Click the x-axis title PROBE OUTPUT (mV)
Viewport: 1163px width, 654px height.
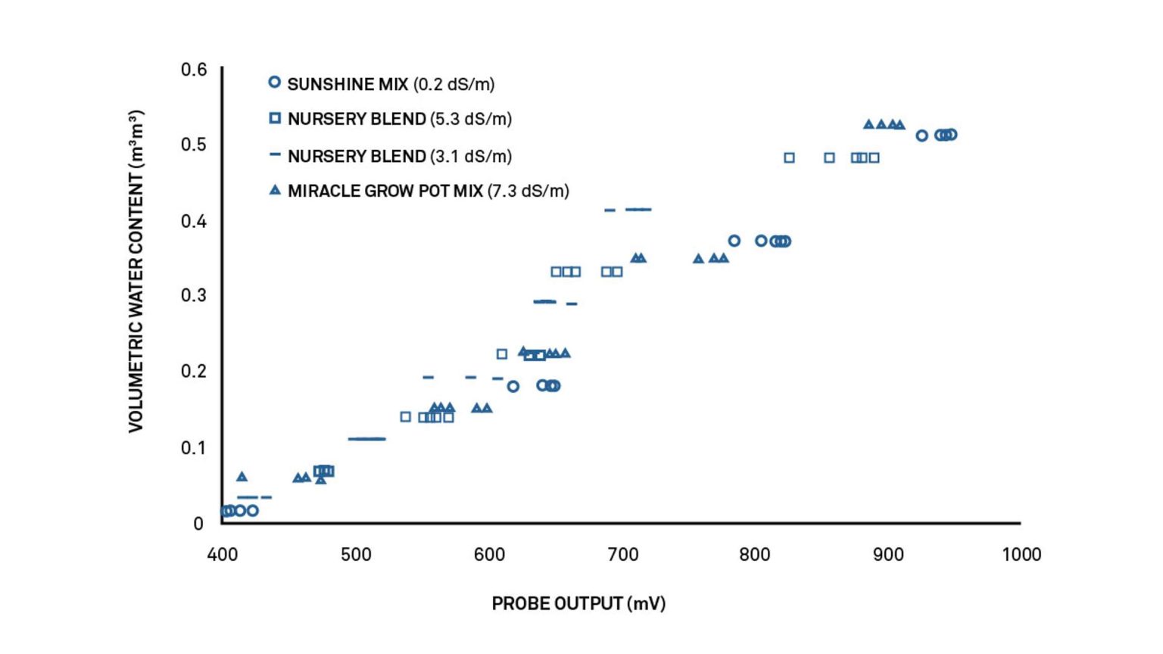[578, 603]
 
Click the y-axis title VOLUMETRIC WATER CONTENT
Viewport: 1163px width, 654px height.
[136, 271]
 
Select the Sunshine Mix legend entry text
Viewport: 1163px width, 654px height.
[391, 84]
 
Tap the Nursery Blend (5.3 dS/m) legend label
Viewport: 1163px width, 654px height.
[399, 119]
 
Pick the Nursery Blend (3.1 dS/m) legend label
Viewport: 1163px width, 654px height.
[399, 156]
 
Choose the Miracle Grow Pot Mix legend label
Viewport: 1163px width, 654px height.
[428, 191]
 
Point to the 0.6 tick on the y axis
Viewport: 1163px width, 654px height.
[194, 70]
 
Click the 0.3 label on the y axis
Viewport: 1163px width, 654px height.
[194, 294]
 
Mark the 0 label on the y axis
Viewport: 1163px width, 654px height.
[198, 523]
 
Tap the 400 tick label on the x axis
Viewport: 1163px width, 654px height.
[222, 555]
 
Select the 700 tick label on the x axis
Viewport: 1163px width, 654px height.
[622, 555]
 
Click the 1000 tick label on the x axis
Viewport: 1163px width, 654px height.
[1021, 555]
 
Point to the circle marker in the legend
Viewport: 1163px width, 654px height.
[275, 82]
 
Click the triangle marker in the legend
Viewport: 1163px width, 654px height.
[275, 190]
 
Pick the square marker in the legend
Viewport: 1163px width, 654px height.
[275, 118]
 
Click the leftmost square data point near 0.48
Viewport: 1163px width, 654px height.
[789, 157]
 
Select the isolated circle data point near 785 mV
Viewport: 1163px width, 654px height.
[734, 241]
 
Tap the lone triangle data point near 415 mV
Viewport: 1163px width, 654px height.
[242, 477]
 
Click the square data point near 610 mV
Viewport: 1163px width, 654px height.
[501, 353]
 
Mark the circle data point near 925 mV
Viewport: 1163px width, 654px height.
[921, 135]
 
